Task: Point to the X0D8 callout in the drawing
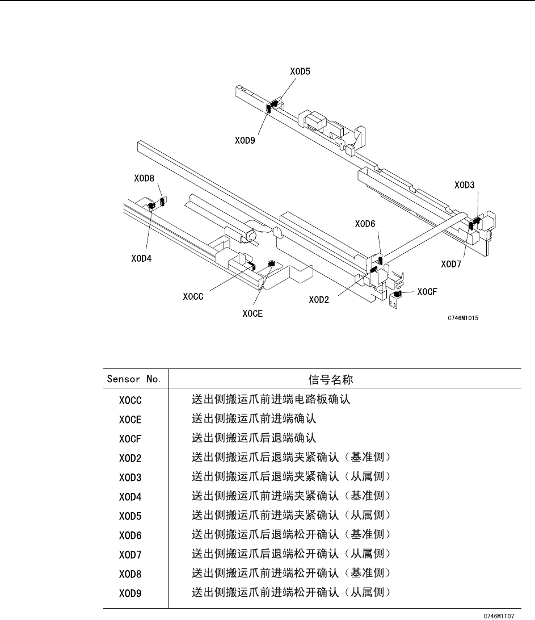[x=144, y=178]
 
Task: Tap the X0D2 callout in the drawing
[x=319, y=300]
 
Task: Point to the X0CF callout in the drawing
[x=427, y=292]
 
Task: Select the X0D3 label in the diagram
[x=465, y=185]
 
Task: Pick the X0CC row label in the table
[x=130, y=400]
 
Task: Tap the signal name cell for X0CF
[x=252, y=438]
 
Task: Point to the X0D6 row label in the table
[x=130, y=535]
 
